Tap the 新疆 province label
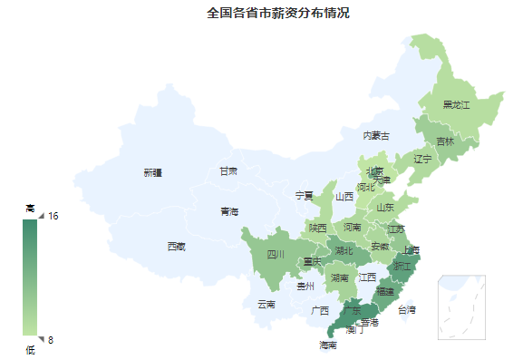click(152, 172)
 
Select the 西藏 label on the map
click(176, 247)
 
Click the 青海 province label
click(228, 212)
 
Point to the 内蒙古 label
click(376, 136)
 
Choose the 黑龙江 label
click(456, 105)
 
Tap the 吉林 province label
click(445, 141)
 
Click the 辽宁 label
click(423, 160)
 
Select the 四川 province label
click(276, 255)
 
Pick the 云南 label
click(266, 305)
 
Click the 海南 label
click(327, 345)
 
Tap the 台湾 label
click(407, 310)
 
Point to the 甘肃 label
click(228, 171)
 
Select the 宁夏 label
click(305, 196)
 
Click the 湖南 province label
click(340, 277)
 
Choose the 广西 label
click(320, 310)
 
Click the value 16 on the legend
click(53, 216)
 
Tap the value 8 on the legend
click(51, 340)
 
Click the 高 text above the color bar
click(30, 209)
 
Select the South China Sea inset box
click(461, 306)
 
